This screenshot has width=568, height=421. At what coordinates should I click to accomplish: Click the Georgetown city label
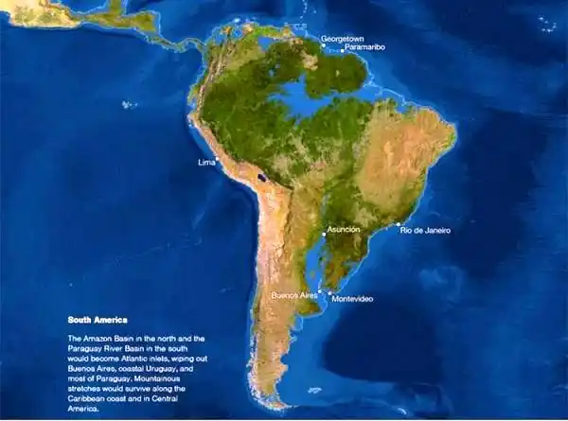click(343, 39)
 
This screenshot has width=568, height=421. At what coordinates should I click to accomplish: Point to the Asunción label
click(343, 229)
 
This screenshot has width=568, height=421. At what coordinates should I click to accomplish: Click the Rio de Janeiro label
click(425, 230)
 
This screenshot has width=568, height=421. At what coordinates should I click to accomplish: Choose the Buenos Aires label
click(293, 295)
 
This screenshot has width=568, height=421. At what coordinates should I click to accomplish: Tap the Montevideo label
click(352, 299)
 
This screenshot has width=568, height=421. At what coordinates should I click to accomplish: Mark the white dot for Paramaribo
click(341, 51)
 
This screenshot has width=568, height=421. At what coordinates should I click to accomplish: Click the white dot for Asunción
click(324, 236)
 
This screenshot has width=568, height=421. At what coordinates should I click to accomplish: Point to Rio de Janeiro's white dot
click(398, 225)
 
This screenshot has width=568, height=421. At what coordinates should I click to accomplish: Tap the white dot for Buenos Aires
click(320, 291)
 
